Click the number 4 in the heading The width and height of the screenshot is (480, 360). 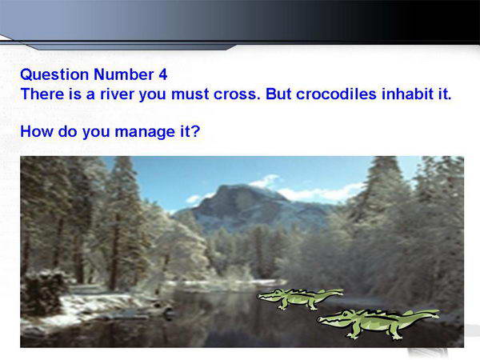click(x=163, y=74)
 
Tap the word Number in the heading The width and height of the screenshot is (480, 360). click(x=124, y=74)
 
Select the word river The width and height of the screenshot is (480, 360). click(x=117, y=94)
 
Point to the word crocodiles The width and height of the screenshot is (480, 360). click(x=336, y=94)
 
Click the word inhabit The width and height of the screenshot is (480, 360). click(x=406, y=94)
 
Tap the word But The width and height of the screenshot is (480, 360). click(x=278, y=94)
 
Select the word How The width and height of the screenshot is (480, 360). click(x=37, y=131)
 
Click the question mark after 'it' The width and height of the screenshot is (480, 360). click(x=196, y=131)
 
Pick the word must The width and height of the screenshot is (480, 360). click(x=190, y=94)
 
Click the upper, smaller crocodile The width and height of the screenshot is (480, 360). click(x=299, y=298)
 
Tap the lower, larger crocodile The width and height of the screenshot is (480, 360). click(x=378, y=323)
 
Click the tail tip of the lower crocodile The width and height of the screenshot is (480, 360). click(x=438, y=312)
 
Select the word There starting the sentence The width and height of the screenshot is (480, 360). click(x=42, y=94)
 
